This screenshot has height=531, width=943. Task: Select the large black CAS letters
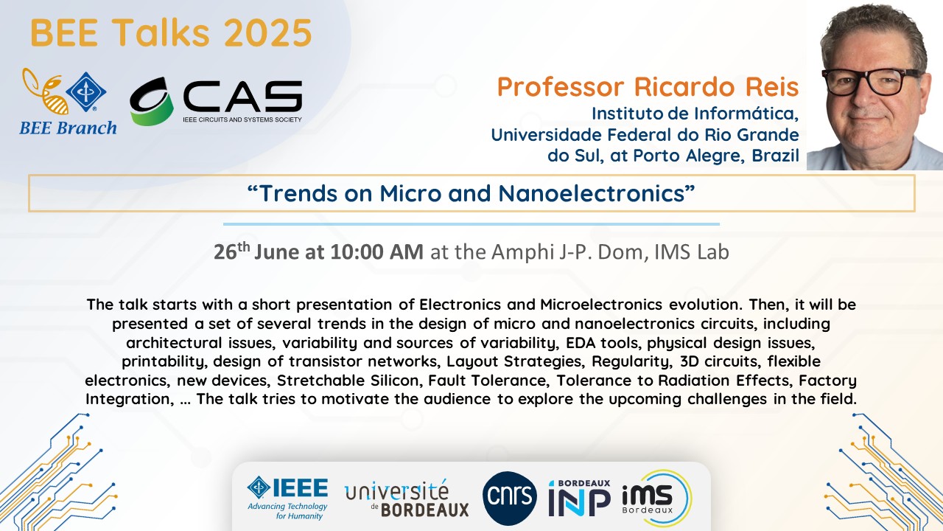tap(242, 97)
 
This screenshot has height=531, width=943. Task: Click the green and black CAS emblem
tap(152, 101)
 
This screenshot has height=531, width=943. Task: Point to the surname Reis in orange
tap(772, 87)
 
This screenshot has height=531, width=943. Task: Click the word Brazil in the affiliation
tap(776, 156)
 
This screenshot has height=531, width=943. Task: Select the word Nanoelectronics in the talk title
tap(592, 193)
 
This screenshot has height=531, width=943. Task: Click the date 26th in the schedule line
tap(232, 251)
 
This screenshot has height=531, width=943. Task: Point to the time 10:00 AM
tap(376, 252)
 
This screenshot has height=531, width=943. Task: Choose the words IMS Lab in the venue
tap(692, 252)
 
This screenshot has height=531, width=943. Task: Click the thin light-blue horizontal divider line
tap(471, 224)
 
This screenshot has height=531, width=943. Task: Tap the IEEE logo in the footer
tap(287, 499)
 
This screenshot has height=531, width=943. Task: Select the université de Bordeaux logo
tap(407, 498)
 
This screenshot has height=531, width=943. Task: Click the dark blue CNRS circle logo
tap(510, 498)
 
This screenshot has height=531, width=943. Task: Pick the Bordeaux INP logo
tap(579, 498)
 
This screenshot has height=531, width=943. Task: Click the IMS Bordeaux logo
tap(656, 498)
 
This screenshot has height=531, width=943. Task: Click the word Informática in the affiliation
tap(746, 114)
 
